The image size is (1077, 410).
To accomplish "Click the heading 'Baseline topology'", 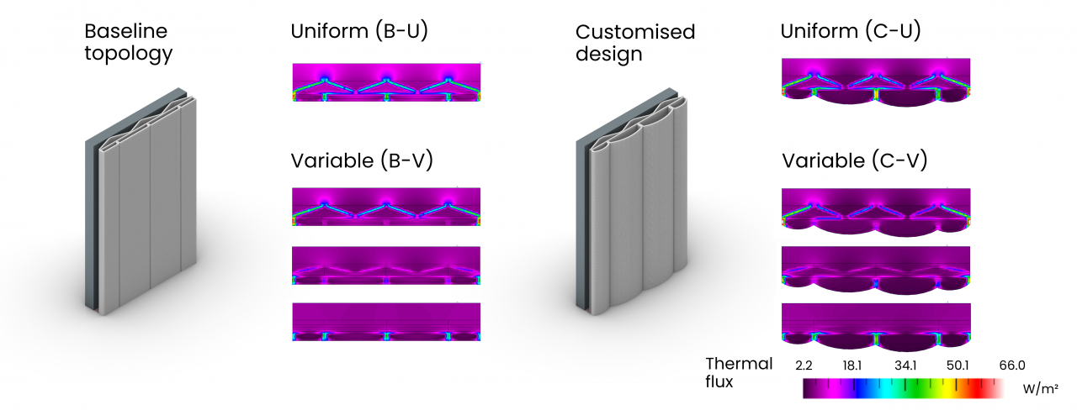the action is coord(129,42).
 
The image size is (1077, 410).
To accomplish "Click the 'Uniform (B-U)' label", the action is coord(359,31).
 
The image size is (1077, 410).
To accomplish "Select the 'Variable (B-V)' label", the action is coord(362,160).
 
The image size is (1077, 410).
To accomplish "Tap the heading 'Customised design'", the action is coord(635,43).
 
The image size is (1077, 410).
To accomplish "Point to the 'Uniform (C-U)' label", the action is coord(851,31).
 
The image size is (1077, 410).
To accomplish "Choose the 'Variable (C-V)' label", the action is coord(854,160).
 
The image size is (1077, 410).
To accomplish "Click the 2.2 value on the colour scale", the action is coord(804,365).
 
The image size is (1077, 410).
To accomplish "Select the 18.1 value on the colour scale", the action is coord(852,365).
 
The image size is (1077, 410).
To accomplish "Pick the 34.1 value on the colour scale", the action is coord(905,365).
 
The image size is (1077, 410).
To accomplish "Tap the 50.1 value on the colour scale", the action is coord(958,365).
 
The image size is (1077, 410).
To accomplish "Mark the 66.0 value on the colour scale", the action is coord(1012,365).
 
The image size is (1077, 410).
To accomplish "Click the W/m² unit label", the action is coord(1041,389).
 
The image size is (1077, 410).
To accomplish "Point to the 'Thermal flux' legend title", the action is coord(739,372).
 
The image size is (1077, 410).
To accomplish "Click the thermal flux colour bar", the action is coord(903,388).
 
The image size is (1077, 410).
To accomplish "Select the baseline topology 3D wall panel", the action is coord(141,202).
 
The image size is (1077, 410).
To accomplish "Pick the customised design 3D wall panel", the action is coord(632,202).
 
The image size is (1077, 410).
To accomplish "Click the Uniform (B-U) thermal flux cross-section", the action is coord(386,82).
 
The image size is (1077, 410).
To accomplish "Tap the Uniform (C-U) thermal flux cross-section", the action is coord(876,82).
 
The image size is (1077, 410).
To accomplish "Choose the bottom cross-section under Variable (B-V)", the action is coord(386,322).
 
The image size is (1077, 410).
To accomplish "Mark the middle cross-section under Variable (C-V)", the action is coord(876,271).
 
